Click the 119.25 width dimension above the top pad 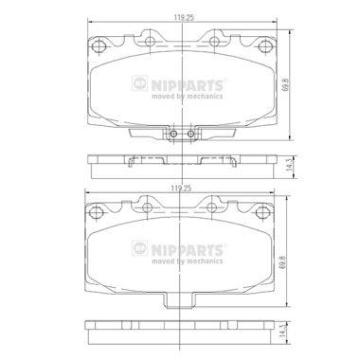click(x=184, y=18)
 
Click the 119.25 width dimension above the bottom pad click(x=181, y=189)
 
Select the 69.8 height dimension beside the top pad click(x=286, y=85)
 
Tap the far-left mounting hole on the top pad click(x=98, y=46)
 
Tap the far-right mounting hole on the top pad click(x=263, y=46)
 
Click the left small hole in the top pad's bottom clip click(x=173, y=134)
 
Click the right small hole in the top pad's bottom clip click(x=190, y=134)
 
